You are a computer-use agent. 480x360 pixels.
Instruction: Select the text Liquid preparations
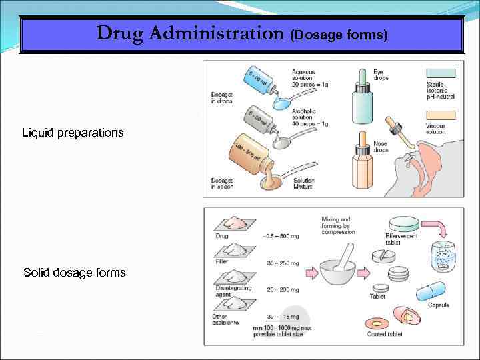tap(73, 133)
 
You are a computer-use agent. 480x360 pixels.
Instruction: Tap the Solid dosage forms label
tap(74, 273)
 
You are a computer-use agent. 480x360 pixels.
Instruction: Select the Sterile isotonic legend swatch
tap(440, 74)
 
